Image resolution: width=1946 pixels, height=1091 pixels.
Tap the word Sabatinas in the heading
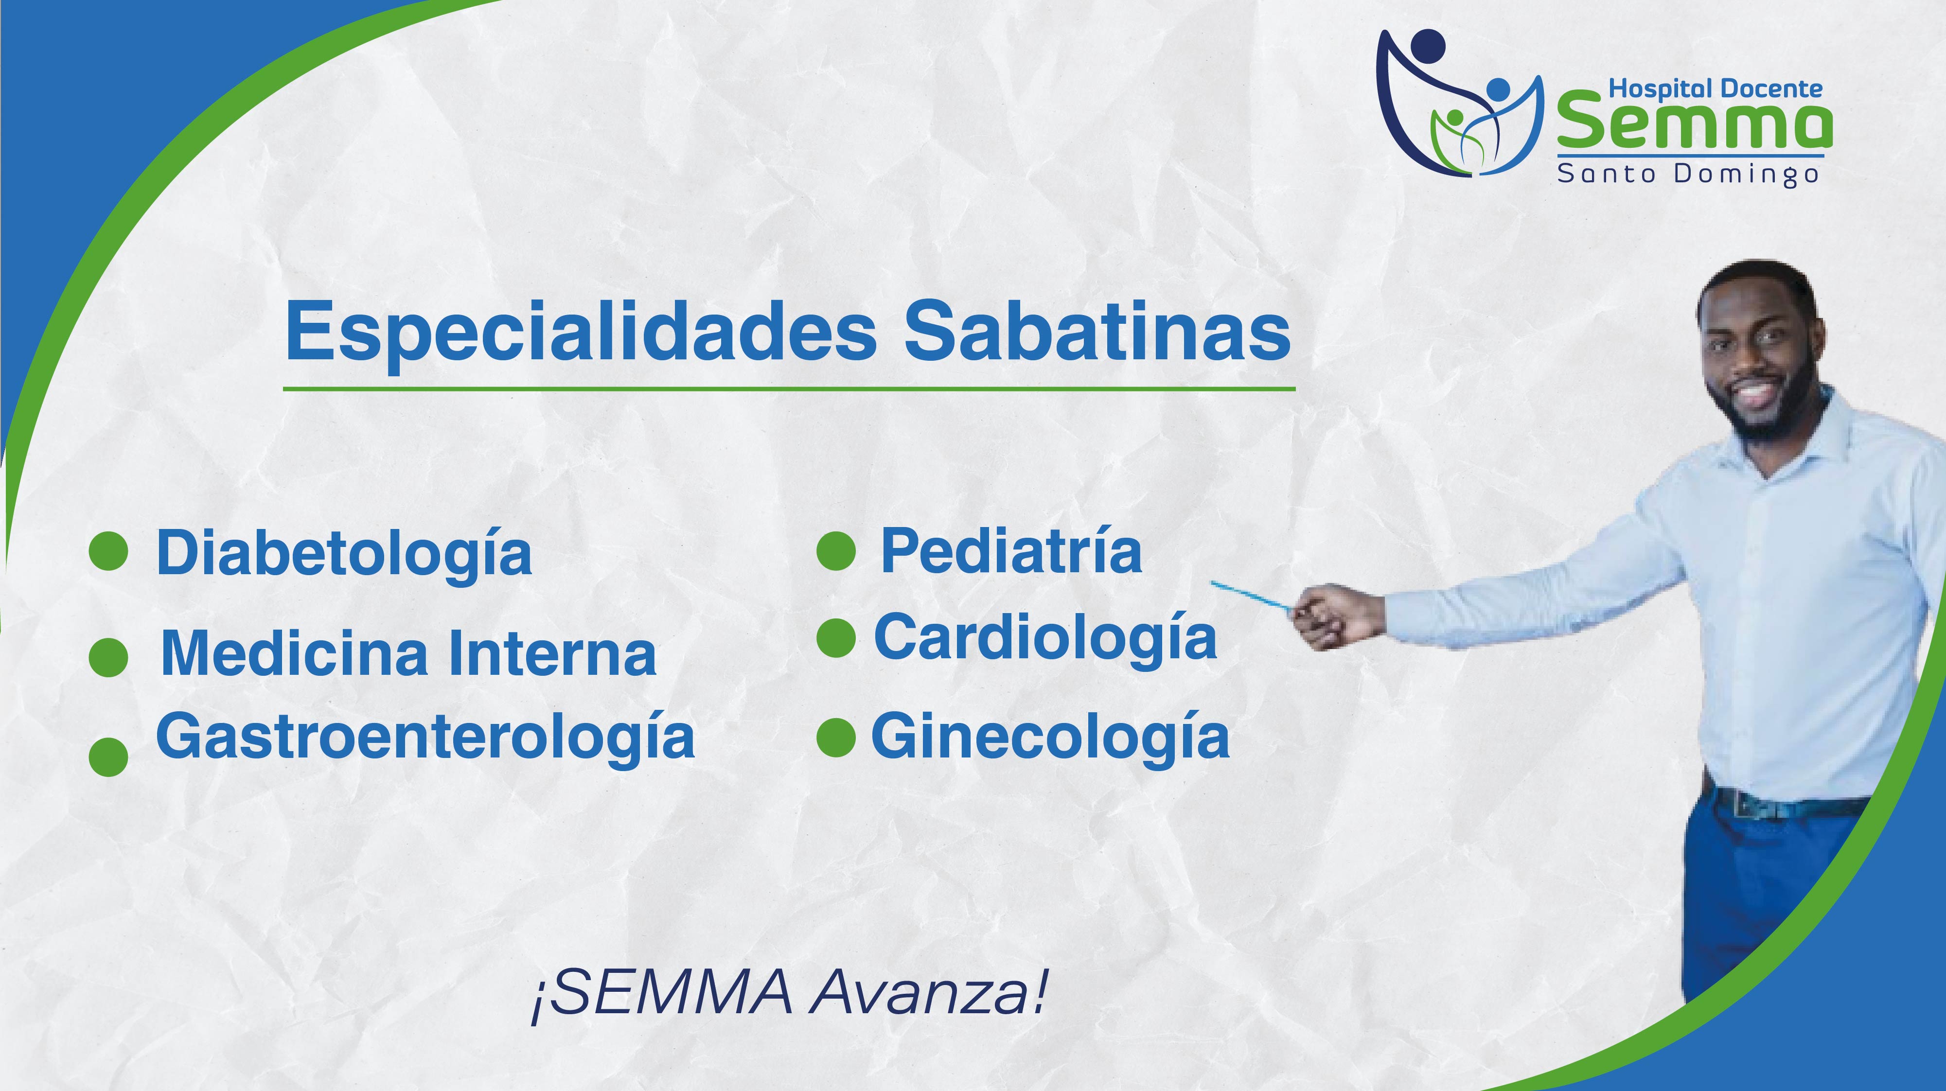pos(1097,331)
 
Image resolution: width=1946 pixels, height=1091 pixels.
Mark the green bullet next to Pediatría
pos(836,551)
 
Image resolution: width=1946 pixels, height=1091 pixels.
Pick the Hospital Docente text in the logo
pos(1716,88)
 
